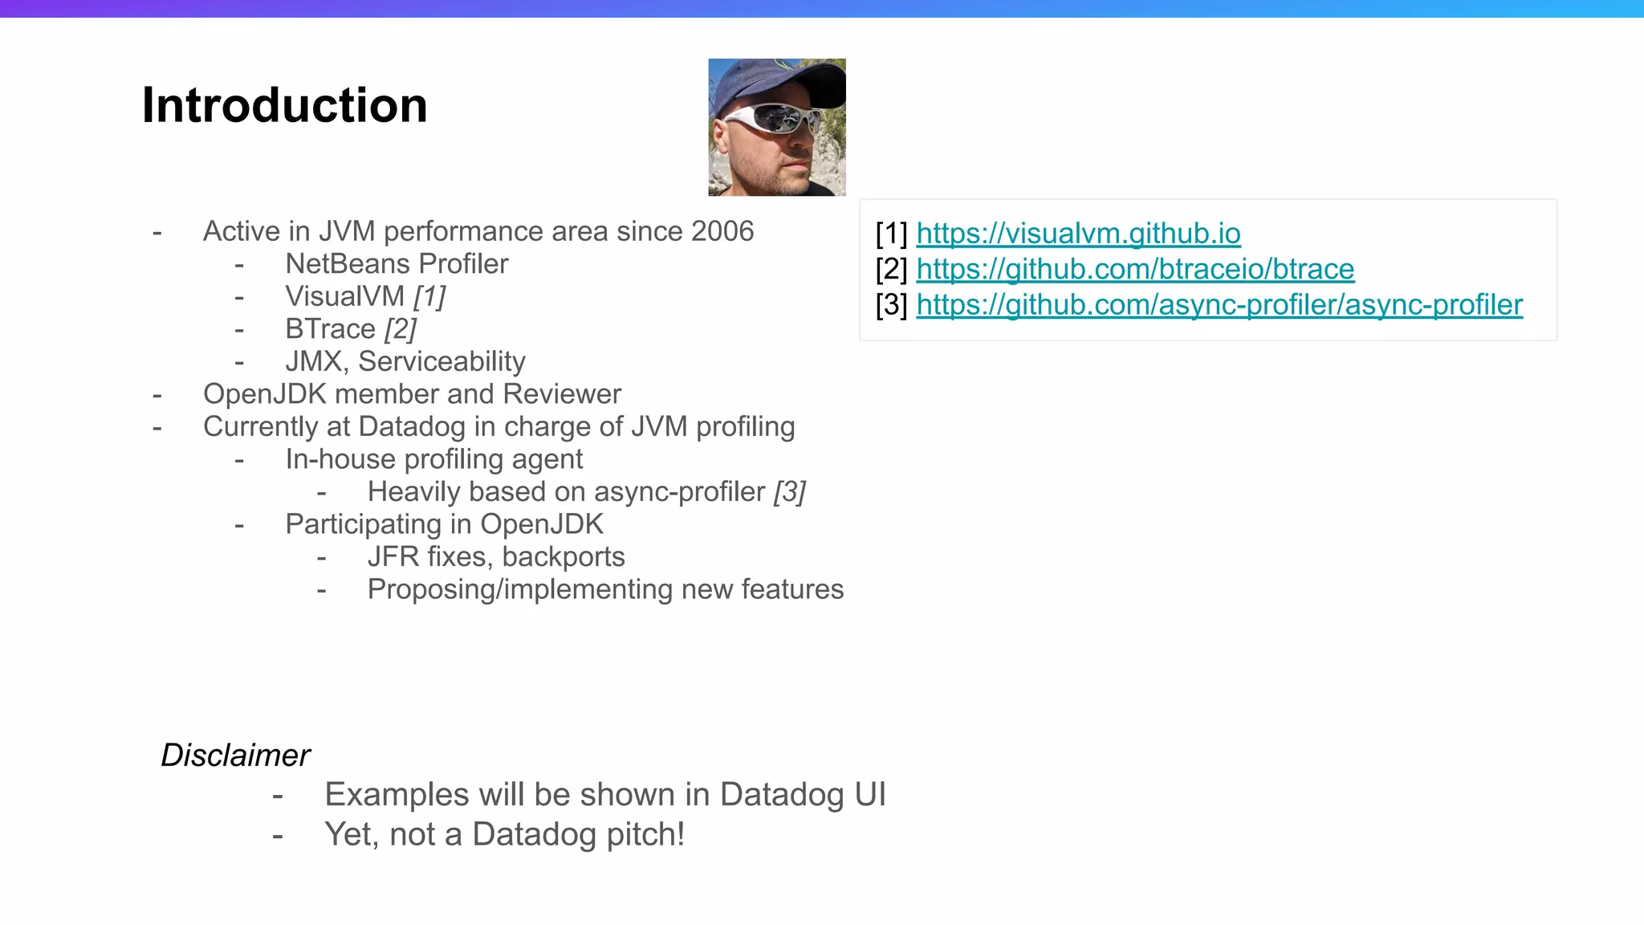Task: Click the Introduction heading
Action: coord(284,105)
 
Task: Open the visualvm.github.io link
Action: coord(1078,234)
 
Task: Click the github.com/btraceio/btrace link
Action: coord(1135,269)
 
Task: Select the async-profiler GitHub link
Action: coord(1219,305)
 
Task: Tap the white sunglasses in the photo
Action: coord(771,120)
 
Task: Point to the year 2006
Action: coord(722,231)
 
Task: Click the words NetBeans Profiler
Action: coord(397,264)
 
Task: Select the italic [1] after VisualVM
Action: coord(429,296)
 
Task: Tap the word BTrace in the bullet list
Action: coord(330,329)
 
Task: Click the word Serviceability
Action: coord(442,362)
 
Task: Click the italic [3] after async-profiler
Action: coord(790,492)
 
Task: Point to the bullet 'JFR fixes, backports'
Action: coord(495,557)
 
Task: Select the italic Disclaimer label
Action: coord(235,756)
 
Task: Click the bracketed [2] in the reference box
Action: coord(891,269)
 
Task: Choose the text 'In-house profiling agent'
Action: coord(433,459)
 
